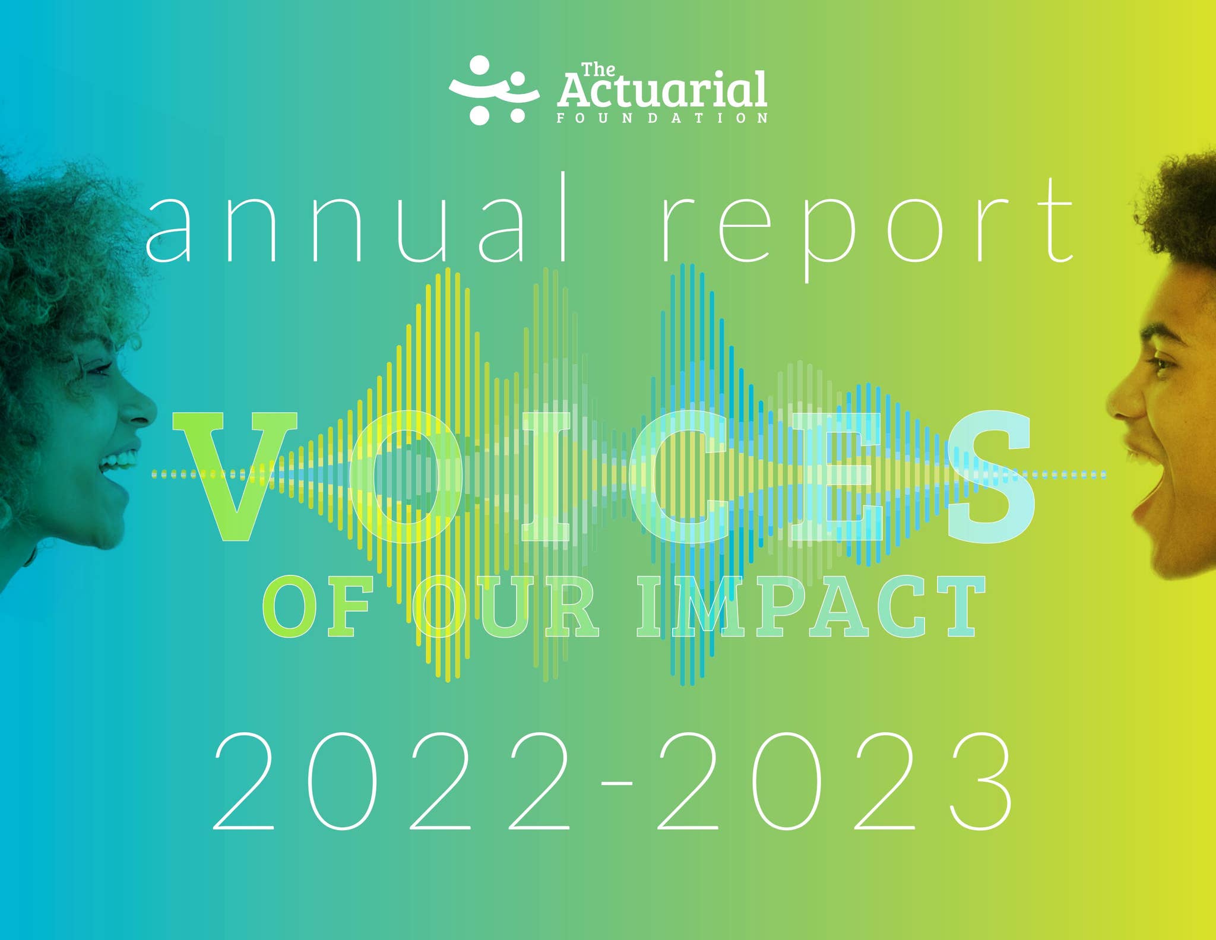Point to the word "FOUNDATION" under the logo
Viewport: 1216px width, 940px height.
coord(662,118)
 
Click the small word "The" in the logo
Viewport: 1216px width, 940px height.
coord(598,70)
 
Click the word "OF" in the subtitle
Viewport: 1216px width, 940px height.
coord(318,607)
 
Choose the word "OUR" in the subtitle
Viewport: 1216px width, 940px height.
coord(505,607)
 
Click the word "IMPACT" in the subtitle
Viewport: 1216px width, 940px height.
coord(810,607)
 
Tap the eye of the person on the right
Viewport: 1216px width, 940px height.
coord(1161,363)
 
